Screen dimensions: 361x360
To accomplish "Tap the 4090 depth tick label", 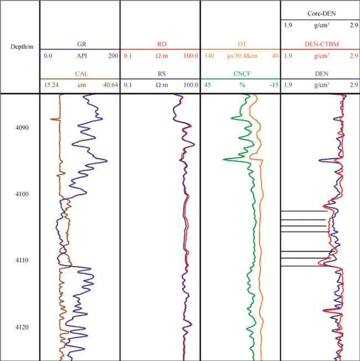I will pos(22,128).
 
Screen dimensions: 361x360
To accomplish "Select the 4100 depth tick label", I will pos(22,194).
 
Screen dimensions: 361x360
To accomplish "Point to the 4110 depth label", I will pos(22,261).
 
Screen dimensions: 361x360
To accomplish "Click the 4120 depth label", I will pos(22,327).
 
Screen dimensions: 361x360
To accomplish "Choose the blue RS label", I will pos(160,73).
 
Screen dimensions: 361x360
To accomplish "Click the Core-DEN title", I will pos(320,12).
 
